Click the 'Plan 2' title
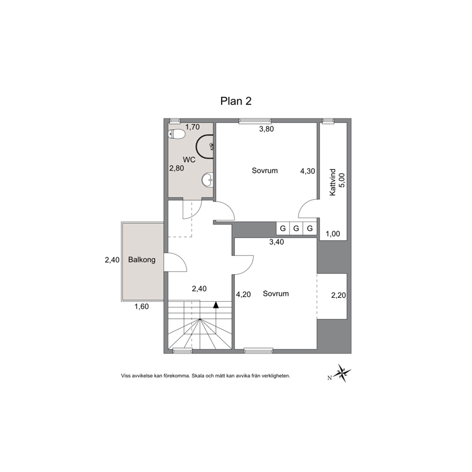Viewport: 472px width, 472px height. coord(236,101)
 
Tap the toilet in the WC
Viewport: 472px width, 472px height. coord(177,134)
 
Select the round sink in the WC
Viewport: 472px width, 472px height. coord(207,180)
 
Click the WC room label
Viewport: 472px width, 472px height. coord(189,159)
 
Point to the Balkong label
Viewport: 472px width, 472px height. coord(142,259)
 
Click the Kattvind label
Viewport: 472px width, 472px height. coord(333,182)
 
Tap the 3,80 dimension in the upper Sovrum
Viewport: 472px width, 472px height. coord(266,129)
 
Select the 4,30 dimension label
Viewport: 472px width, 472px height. coord(308,171)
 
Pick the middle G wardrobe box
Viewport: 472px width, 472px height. coord(296,228)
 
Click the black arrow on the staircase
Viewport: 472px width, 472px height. coord(216,305)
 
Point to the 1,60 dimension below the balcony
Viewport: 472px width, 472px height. coord(141,307)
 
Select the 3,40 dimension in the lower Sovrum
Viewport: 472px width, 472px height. coord(276,242)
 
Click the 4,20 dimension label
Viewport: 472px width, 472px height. coord(243,295)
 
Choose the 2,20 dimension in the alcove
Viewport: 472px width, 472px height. coord(339,295)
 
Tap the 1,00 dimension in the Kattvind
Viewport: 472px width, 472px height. coord(333,234)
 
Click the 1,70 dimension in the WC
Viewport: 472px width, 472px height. coord(192,127)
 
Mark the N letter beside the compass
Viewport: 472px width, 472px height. coord(330,378)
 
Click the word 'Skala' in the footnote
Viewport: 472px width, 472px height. coord(198,376)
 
